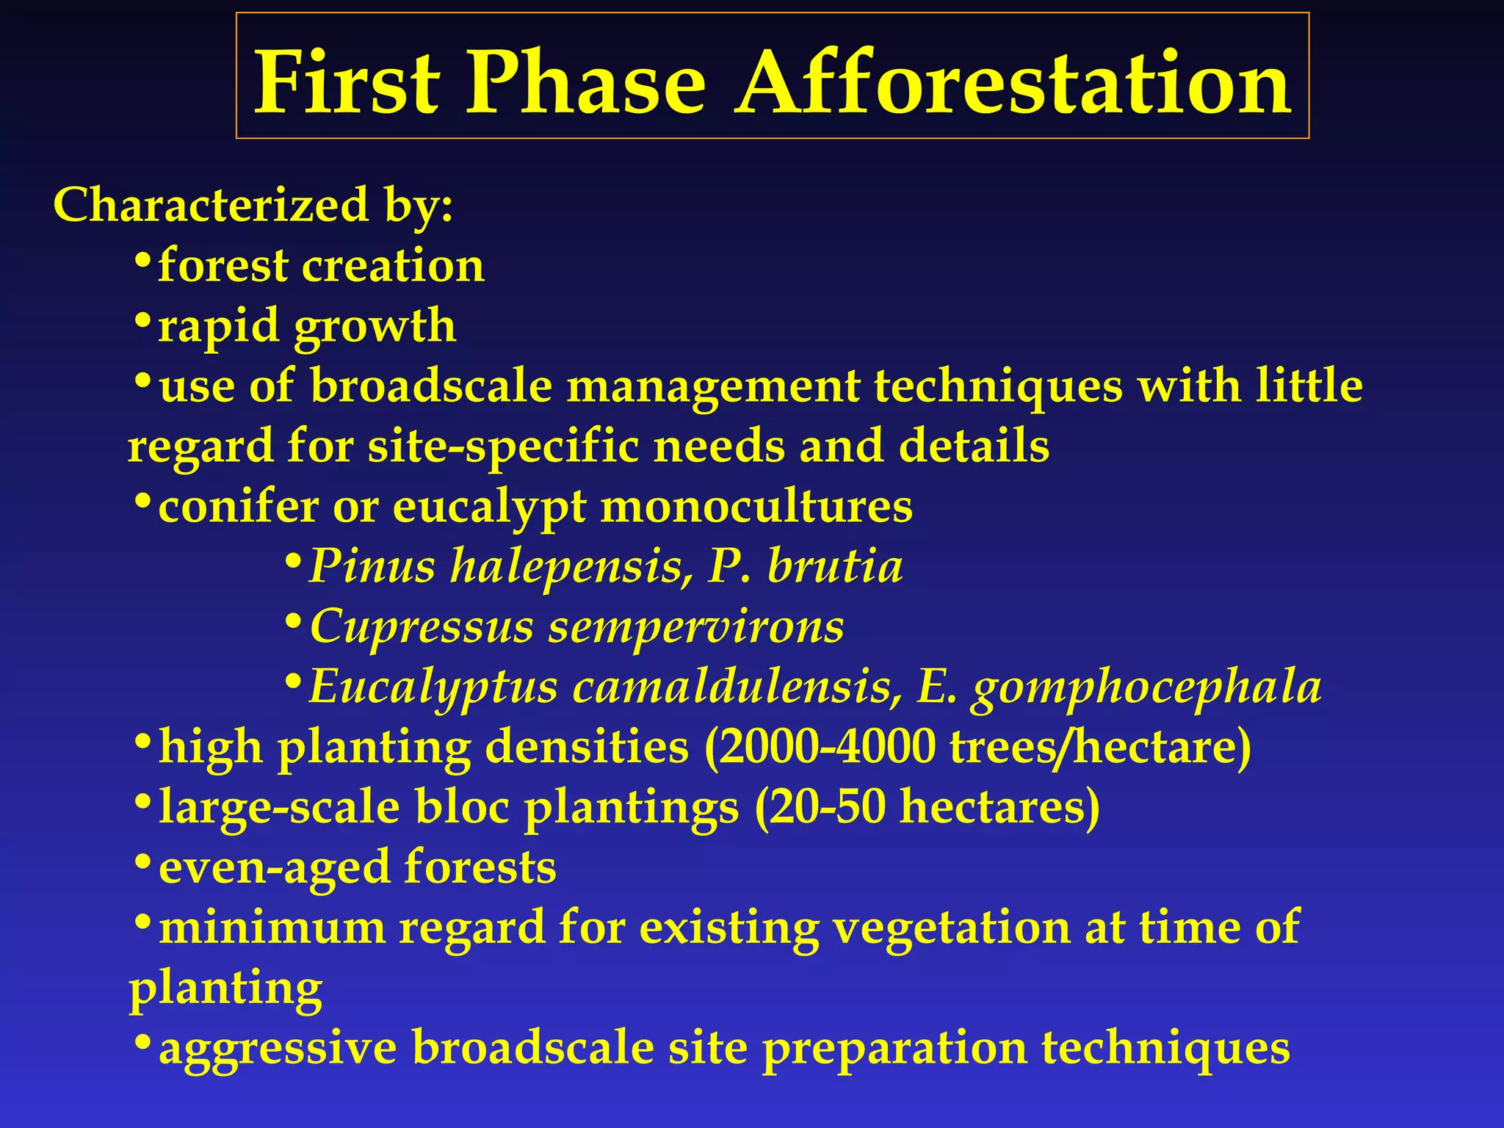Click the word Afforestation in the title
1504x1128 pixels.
(1013, 82)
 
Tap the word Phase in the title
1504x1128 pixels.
(585, 82)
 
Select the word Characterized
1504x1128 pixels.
(210, 205)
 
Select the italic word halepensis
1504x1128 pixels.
(571, 567)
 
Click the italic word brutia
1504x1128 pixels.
(835, 567)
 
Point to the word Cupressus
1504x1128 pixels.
(421, 627)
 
